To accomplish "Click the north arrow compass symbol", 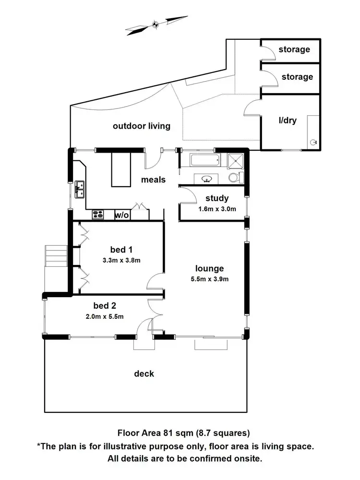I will (x=155, y=24).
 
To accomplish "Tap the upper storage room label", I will (x=294, y=49).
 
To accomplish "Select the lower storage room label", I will (x=297, y=77).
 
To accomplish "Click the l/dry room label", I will (x=288, y=120).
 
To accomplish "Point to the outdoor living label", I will (x=141, y=126).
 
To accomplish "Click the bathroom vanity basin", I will (x=207, y=179).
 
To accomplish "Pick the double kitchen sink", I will (x=80, y=189).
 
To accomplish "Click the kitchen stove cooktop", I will (x=98, y=215).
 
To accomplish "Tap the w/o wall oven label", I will (x=122, y=216).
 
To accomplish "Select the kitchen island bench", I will (x=121, y=169).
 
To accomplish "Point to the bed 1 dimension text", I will (x=121, y=261).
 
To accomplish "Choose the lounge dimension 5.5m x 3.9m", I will (x=209, y=279).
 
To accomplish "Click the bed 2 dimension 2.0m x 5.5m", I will (x=105, y=316).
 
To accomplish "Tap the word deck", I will (x=144, y=373).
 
